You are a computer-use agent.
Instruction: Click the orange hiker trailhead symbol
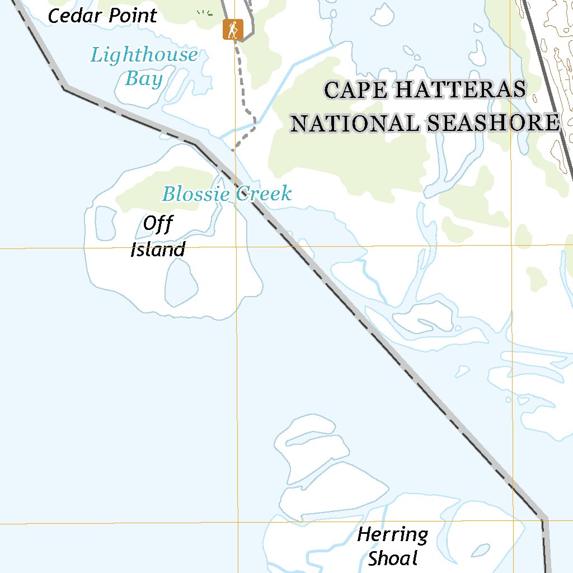[232, 29]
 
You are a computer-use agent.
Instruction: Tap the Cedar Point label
[102, 16]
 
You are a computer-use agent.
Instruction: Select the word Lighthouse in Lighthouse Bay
[144, 55]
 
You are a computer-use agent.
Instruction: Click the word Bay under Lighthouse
[144, 79]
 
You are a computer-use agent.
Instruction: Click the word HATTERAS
[459, 90]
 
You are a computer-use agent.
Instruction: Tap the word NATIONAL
[355, 124]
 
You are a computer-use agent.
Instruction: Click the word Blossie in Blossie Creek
[196, 194]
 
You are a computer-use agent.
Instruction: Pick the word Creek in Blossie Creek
[264, 194]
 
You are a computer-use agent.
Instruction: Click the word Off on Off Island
[158, 224]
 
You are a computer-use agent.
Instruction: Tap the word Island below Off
[158, 250]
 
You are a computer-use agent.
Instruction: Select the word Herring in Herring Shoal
[393, 536]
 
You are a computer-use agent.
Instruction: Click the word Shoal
[393, 558]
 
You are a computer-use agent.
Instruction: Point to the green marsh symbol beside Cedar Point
[205, 13]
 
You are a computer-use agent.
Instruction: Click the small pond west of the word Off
[105, 222]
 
